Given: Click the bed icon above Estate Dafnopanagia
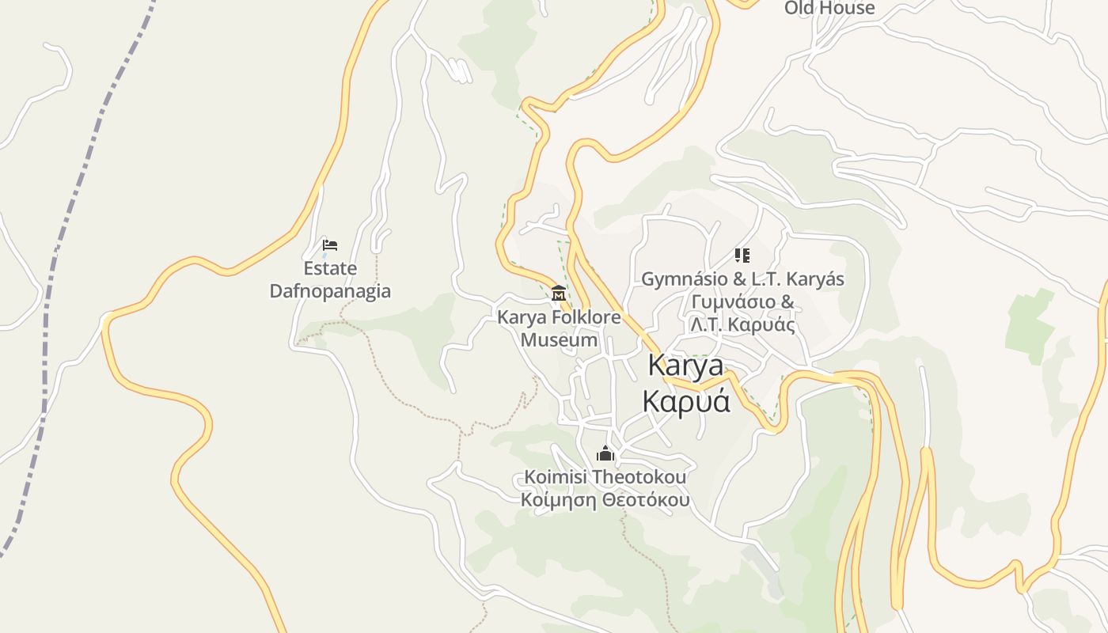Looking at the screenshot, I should tap(330, 245).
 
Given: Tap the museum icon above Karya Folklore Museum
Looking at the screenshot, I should tap(559, 294).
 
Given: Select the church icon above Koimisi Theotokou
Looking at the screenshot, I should tap(605, 453).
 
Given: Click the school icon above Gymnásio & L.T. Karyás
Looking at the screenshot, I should tap(742, 256).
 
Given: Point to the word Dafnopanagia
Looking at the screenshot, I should tap(330, 291).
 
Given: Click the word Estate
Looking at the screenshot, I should tap(330, 269).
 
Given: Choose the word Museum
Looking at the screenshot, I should tap(559, 340).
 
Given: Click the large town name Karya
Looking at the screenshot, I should tap(685, 366).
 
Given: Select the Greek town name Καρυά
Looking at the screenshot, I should tap(685, 401).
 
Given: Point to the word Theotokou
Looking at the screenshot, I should tap(639, 478).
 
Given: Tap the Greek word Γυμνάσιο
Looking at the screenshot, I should tap(734, 302).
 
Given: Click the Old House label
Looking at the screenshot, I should tap(829, 8).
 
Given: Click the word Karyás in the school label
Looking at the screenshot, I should tap(817, 279).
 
